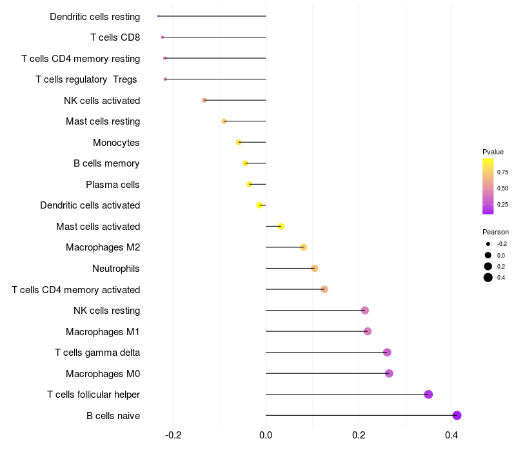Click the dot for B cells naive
coord(457,415)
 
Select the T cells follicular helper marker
coord(428,395)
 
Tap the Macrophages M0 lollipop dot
coord(389,373)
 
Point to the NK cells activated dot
coord(204,100)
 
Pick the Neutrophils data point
coord(315,269)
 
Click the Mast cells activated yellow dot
coord(281,226)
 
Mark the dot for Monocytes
coord(239,142)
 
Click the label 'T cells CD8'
coord(115,37)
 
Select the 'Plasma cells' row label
coord(112,185)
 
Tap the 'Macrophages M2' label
coord(103,247)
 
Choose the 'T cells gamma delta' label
coord(97,353)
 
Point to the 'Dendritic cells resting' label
coord(95,16)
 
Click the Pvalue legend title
coord(493,152)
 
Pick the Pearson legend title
coord(495,232)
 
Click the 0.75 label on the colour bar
coord(502,172)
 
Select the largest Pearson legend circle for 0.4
coord(488,278)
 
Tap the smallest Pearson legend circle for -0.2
coord(488,244)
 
